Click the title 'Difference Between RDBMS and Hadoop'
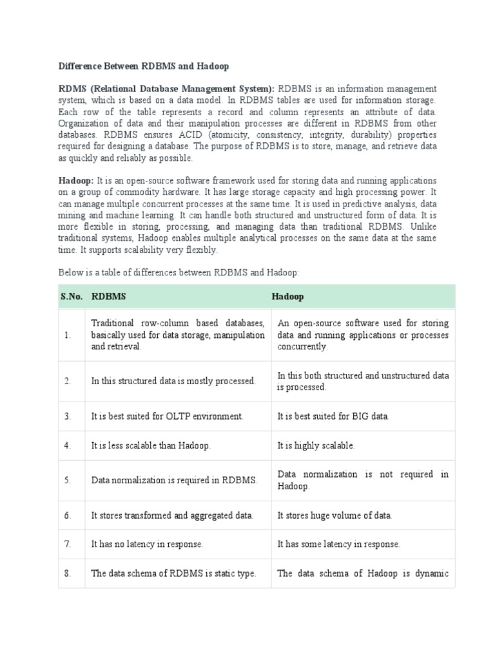point(144,66)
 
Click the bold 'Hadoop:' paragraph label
point(76,181)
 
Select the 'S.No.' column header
point(71,297)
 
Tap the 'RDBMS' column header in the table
point(109,297)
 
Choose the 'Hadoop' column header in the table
point(287,297)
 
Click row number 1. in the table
point(68,335)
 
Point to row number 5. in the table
point(68,480)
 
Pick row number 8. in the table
point(68,573)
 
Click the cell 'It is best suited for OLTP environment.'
point(168,416)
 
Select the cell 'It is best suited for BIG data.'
point(333,416)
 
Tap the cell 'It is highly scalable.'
point(316,445)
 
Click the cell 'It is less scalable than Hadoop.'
point(151,445)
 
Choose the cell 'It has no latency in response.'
point(147,544)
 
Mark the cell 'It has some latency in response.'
point(338,544)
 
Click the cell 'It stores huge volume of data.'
point(335,515)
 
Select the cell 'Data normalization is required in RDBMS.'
point(174,480)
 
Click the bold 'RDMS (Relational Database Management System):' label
point(166,89)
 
